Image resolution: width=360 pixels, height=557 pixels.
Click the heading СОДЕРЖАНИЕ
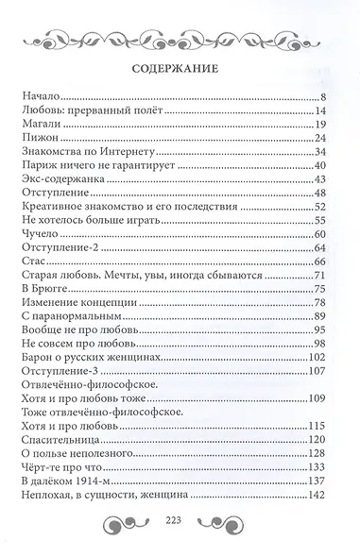[180, 68]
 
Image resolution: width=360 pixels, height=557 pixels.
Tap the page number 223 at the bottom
[180, 543]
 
